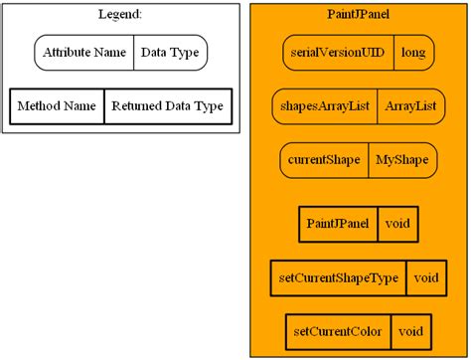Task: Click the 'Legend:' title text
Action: tap(120, 14)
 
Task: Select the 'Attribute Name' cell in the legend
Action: tap(84, 53)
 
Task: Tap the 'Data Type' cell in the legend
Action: tap(170, 53)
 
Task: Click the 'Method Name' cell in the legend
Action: tap(57, 105)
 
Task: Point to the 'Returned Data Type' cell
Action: tap(167, 105)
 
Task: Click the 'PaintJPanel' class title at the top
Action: tap(358, 14)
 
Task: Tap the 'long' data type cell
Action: tap(412, 53)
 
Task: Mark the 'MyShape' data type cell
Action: tap(402, 159)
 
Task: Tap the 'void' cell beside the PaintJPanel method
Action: tap(397, 224)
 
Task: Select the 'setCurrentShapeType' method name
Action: tap(338, 277)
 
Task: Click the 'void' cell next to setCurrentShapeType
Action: tap(425, 277)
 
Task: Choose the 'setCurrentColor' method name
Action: tap(338, 331)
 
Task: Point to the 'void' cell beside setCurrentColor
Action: tap(411, 331)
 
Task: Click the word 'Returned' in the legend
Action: tap(137, 105)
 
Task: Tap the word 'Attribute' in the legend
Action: tap(68, 53)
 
